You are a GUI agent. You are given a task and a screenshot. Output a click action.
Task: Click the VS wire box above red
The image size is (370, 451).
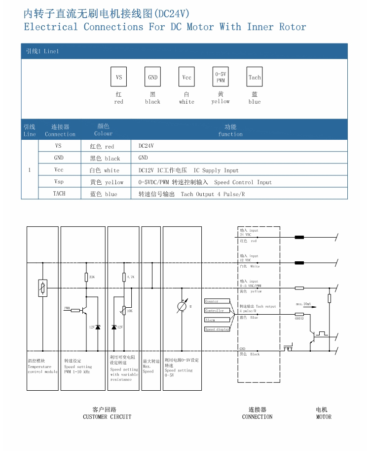click(119, 77)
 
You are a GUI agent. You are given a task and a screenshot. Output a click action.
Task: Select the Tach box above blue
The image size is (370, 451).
click(255, 77)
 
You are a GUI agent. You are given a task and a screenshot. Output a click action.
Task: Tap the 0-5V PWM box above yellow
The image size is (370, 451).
click(221, 77)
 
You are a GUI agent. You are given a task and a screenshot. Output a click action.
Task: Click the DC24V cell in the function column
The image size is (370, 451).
click(146, 146)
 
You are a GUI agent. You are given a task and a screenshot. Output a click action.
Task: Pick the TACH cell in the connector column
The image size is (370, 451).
click(59, 194)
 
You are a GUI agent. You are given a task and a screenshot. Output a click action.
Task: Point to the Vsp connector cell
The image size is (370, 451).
click(59, 182)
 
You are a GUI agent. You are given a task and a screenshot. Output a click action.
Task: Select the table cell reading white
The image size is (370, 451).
click(105, 170)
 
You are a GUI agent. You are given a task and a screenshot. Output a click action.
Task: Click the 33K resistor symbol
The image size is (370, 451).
click(86, 278)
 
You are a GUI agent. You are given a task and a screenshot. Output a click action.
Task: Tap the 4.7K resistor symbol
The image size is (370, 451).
click(123, 278)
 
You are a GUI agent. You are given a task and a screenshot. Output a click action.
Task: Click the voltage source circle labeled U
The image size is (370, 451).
click(182, 307)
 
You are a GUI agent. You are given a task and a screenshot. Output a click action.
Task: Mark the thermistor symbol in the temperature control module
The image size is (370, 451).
click(43, 288)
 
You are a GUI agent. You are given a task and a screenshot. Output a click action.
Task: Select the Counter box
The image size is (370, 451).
click(217, 301)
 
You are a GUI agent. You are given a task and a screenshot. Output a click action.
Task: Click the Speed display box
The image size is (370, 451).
click(217, 329)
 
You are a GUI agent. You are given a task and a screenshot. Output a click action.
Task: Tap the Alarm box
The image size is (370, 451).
click(217, 320)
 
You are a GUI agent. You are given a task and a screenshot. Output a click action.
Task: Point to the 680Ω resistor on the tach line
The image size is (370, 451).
click(299, 314)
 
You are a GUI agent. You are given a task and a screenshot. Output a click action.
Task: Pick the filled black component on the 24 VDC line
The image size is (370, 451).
click(299, 237)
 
